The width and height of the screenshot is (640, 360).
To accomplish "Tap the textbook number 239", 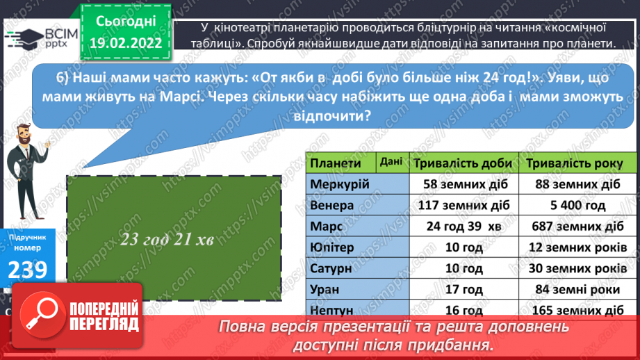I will tap(28, 269).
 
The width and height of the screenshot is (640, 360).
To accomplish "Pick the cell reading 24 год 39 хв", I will tap(463, 227).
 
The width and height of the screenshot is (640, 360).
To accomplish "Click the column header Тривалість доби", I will tap(463, 163).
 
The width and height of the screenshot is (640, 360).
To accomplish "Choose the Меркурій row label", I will tap(340, 185).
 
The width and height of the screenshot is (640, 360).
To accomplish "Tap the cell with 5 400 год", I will tap(575, 206).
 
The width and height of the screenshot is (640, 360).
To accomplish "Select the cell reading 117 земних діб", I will tap(463, 206).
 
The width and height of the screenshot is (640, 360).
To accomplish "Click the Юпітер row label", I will tap(332, 247).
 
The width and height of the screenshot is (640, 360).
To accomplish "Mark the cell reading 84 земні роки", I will tap(575, 289).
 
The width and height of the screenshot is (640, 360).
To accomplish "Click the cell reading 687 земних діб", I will tap(575, 227).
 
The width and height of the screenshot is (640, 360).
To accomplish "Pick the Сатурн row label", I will tap(331, 268).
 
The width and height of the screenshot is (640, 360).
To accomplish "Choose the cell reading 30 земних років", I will tap(575, 268).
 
